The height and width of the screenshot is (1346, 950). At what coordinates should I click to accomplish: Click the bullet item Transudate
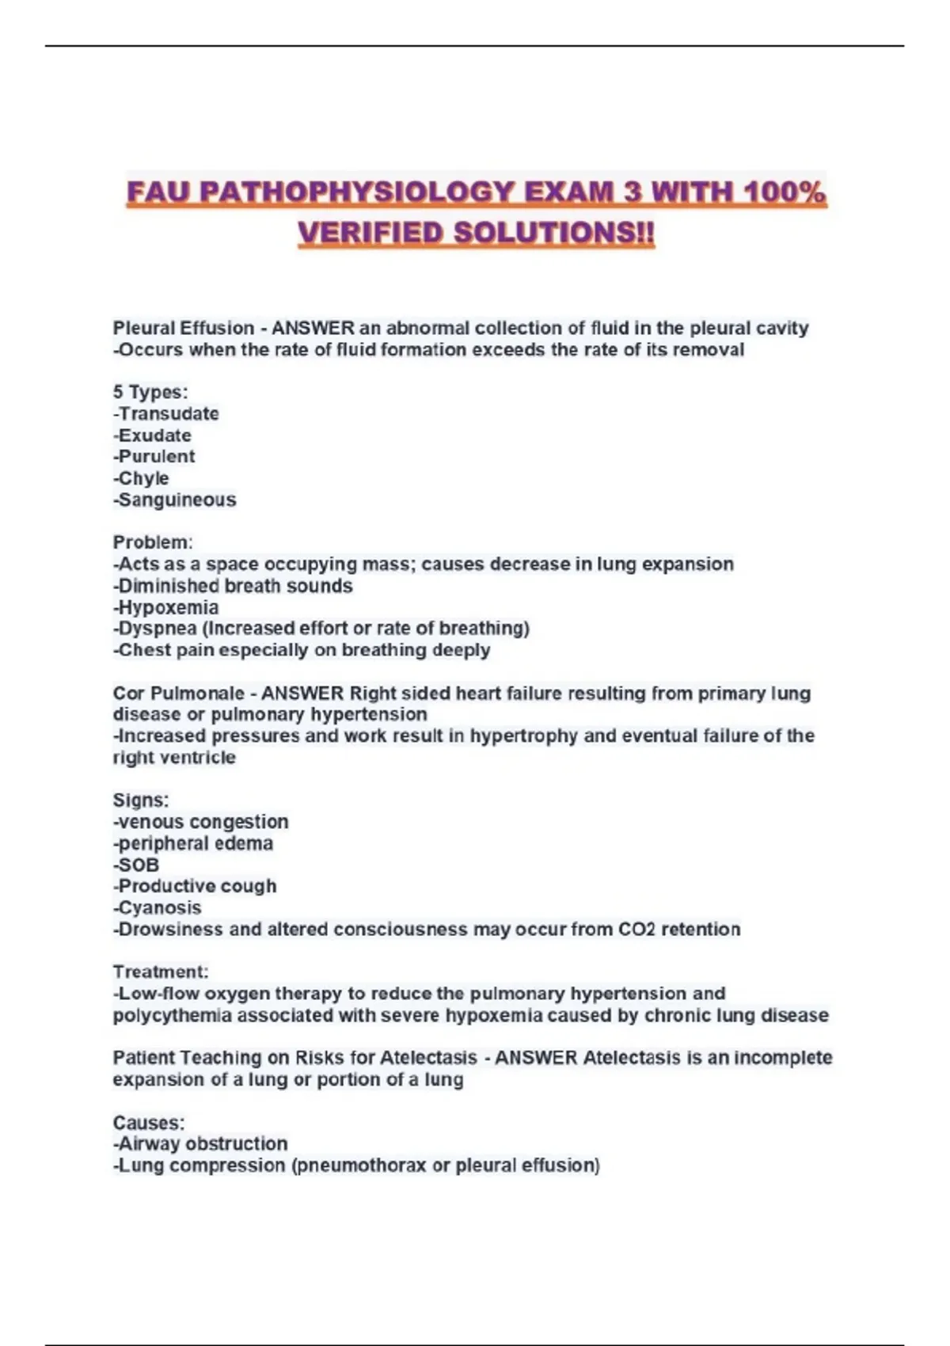(167, 413)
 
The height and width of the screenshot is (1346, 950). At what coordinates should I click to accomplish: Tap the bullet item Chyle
(142, 478)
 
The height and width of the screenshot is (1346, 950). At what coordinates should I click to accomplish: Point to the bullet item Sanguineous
(175, 500)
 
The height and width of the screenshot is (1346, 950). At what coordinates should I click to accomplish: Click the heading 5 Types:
(150, 392)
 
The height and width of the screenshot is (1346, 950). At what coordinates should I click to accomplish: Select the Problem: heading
(153, 542)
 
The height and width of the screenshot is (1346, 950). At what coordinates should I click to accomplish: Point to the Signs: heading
(141, 800)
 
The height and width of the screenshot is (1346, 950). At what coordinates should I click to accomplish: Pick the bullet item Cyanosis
(158, 908)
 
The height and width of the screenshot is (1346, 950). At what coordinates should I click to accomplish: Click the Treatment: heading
(161, 972)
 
